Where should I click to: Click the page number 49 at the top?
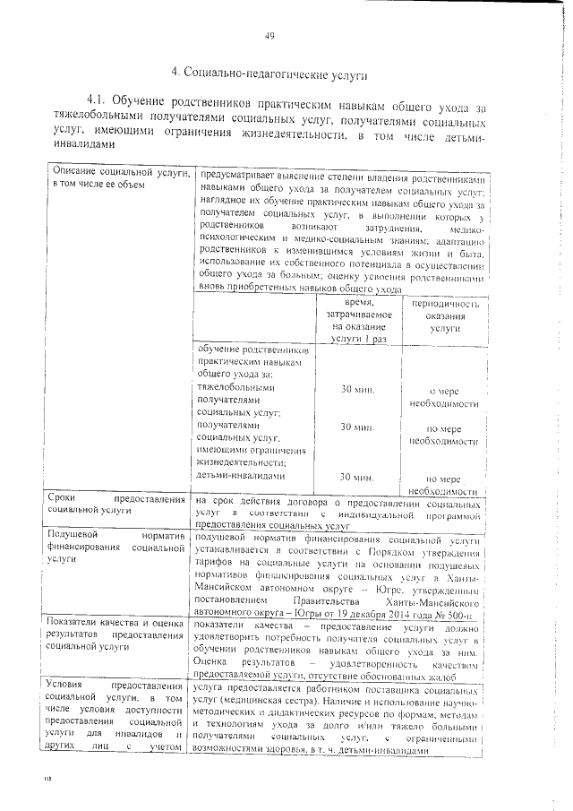(269, 36)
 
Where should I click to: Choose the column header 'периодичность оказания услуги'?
(444, 316)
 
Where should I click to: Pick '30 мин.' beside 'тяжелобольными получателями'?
(358, 391)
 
